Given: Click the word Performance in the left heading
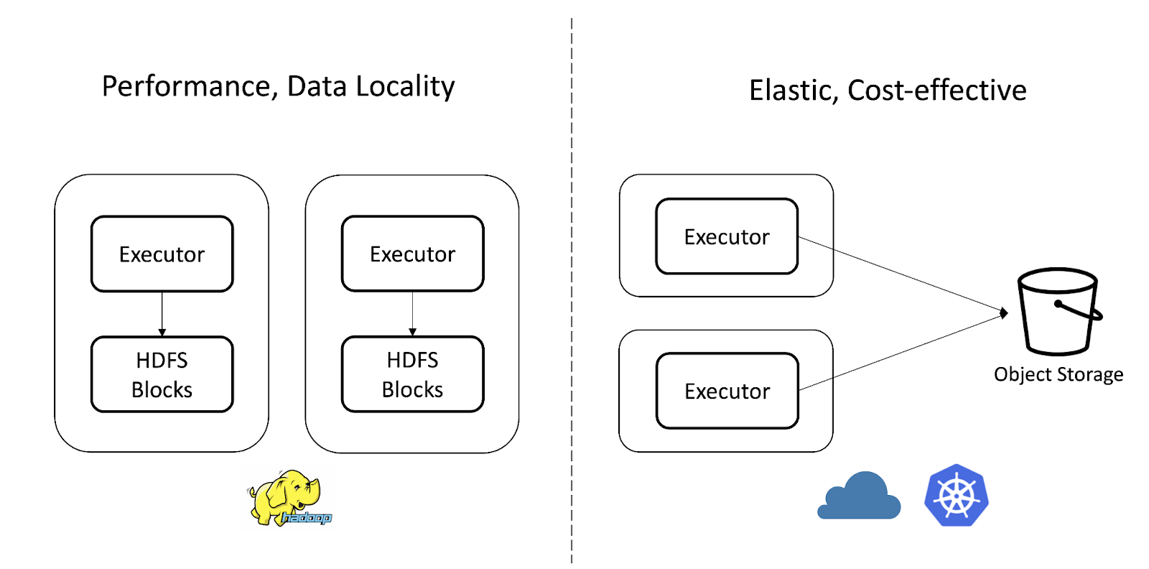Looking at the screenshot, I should coord(186,87).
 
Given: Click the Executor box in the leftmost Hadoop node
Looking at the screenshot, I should coord(162,254).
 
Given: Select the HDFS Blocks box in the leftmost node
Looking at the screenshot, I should coord(162,374).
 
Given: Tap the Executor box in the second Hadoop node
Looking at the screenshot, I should coord(412,254).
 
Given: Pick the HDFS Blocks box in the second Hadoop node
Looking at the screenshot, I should coord(412,374).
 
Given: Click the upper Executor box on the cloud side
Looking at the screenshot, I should coord(727,236).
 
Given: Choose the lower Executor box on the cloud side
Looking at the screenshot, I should coord(727,391).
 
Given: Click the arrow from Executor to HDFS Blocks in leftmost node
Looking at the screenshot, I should coord(162,314).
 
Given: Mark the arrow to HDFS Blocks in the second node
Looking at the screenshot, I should coord(412,314).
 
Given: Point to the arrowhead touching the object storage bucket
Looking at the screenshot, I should coord(1004,313).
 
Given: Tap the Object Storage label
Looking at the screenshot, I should coord(1059,374).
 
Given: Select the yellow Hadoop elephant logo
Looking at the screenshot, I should coord(287,497).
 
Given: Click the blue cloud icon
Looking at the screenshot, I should coord(860,496).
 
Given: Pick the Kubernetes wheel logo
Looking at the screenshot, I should coord(956,496).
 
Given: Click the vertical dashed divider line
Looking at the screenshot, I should coord(572,287).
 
